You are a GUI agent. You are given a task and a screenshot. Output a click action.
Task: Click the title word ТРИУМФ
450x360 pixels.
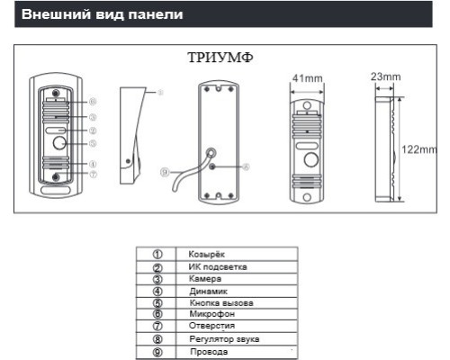pyautogui.click(x=220, y=57)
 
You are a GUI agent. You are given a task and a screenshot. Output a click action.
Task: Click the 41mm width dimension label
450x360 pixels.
pyautogui.click(x=307, y=78)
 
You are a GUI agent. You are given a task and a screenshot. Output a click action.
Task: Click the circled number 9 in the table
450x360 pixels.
pyautogui.click(x=157, y=351)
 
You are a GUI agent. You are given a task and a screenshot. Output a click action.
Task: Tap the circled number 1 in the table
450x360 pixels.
pyautogui.click(x=157, y=256)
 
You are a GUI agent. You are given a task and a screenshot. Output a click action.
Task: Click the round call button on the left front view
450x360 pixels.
pyautogui.click(x=60, y=143)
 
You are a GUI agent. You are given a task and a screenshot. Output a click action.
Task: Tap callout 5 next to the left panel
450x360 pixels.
pyautogui.click(x=93, y=143)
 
